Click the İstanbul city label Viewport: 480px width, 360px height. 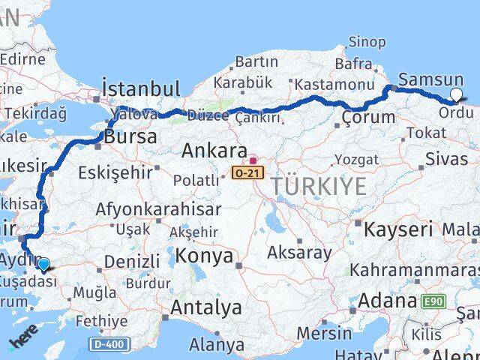coord(141,88)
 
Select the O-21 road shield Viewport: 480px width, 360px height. coord(241,172)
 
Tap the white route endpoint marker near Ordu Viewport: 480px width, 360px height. coord(457,95)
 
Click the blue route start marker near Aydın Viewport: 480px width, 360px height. coord(43,264)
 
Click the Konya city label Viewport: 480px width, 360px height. coord(205,256)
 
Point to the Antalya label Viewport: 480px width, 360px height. coord(206,307)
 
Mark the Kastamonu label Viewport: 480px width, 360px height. coord(334,85)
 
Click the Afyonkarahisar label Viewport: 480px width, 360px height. coord(157,209)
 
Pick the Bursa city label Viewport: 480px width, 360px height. coord(130,137)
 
